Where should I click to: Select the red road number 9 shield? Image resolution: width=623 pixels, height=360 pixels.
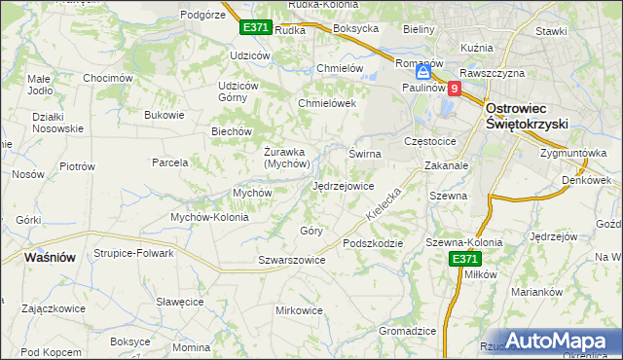455,88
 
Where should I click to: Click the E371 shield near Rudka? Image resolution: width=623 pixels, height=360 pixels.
255,27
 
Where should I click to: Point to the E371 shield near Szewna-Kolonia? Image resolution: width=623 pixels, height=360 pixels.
464,258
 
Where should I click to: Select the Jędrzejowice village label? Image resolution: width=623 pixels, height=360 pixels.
343,185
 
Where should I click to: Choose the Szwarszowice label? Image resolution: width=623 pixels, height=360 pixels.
291,260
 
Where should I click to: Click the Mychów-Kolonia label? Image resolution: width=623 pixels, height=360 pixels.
210,217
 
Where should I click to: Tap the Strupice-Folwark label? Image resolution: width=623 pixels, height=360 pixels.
133,253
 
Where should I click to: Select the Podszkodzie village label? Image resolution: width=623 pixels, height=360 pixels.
372,243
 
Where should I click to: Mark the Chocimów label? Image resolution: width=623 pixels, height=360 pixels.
107,78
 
